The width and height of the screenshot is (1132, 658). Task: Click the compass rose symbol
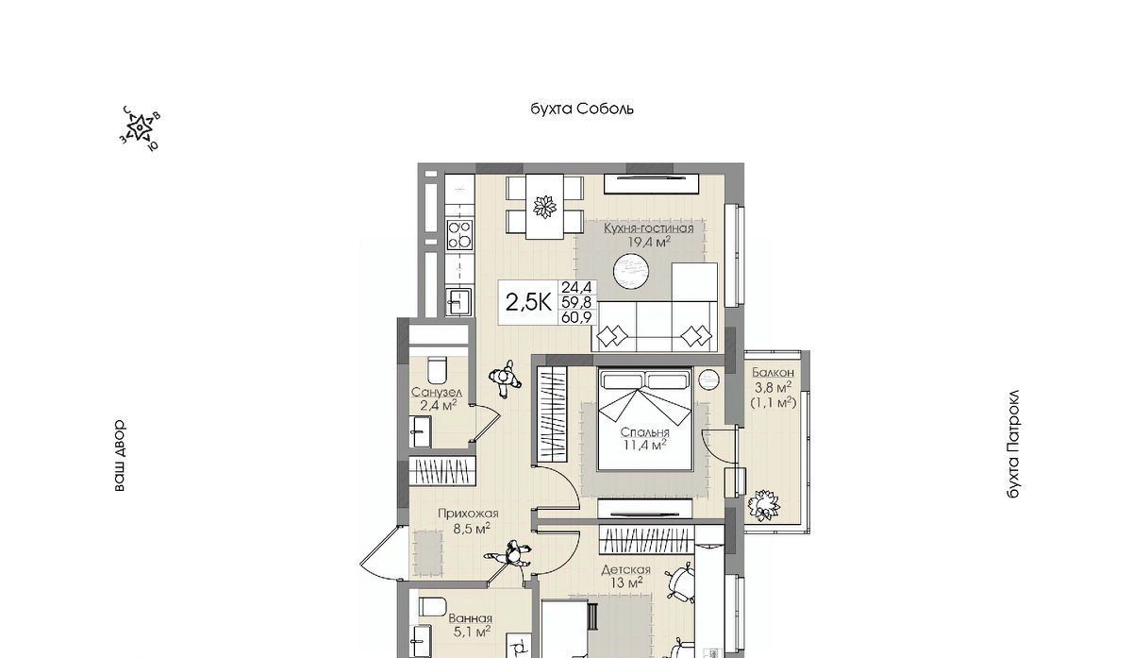tap(139, 128)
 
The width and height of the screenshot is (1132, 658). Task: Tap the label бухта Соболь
tap(582, 109)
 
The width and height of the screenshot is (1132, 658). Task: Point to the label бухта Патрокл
tap(1013, 444)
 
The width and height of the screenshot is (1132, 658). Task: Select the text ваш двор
tap(119, 455)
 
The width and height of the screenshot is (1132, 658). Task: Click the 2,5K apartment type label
tap(528, 302)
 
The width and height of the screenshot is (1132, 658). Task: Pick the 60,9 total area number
tap(576, 317)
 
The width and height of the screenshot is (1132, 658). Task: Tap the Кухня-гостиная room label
tap(649, 228)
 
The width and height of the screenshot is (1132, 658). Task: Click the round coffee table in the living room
tap(631, 272)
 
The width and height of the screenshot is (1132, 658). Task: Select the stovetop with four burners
tap(460, 235)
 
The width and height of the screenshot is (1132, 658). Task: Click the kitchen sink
tap(458, 302)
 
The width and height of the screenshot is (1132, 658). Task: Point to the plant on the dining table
tap(545, 207)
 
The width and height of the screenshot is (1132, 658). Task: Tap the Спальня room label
tap(644, 432)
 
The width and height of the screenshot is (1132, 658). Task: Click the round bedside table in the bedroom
tap(708, 380)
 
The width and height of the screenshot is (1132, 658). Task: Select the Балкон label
tap(773, 373)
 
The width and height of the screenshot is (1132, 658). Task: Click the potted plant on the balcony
tap(763, 504)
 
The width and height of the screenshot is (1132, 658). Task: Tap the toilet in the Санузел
tap(438, 370)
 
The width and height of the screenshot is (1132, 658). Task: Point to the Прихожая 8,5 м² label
tap(468, 521)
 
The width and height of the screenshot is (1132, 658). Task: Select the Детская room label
tap(625, 570)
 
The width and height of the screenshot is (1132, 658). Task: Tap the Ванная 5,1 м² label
tap(470, 625)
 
